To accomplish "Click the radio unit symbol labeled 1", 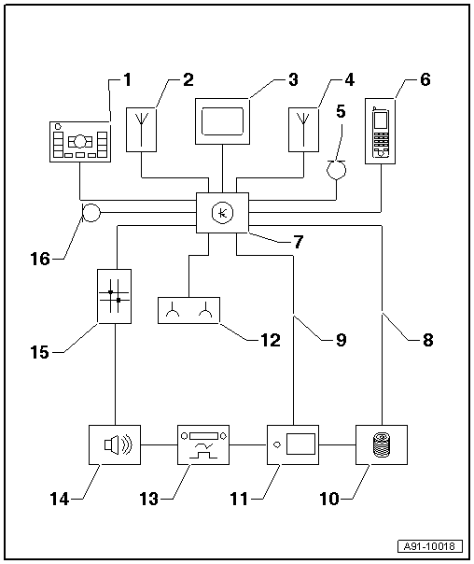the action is pyautogui.click(x=80, y=142).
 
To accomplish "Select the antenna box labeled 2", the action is pyautogui.click(x=141, y=130).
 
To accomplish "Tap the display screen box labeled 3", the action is pyautogui.click(x=222, y=121).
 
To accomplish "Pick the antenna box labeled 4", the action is pyautogui.click(x=303, y=130).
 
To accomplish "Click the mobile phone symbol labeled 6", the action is pyautogui.click(x=381, y=132).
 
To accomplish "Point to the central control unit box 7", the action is pyautogui.click(x=222, y=213).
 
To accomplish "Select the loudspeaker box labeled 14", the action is pyautogui.click(x=115, y=444).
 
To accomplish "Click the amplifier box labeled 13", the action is pyautogui.click(x=203, y=444).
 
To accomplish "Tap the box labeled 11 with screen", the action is pyautogui.click(x=293, y=444).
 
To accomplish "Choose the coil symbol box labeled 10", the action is pyautogui.click(x=382, y=444).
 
